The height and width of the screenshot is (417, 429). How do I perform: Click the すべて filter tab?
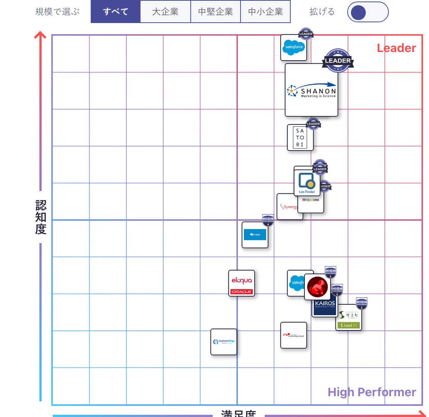[116, 12]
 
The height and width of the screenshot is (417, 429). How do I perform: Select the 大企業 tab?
[165, 12]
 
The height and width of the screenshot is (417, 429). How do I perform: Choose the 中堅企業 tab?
[216, 12]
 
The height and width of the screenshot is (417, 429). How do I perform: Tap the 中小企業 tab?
[265, 12]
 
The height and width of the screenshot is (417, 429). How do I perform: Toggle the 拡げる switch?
[368, 12]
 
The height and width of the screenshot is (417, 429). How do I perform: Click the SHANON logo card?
[312, 90]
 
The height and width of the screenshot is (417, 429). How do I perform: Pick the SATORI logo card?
[300, 138]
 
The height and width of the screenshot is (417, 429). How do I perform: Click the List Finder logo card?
[307, 182]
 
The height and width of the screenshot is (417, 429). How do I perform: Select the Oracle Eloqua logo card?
[241, 283]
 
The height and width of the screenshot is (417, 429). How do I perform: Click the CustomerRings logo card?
[224, 342]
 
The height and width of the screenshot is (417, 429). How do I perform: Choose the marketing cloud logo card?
[293, 335]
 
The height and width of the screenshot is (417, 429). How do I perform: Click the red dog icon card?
[317, 287]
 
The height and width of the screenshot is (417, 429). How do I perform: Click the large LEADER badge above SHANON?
[338, 60]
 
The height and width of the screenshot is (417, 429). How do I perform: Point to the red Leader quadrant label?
[396, 48]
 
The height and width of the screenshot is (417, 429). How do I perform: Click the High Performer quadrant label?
[372, 392]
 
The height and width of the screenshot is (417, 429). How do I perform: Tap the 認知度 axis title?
[41, 217]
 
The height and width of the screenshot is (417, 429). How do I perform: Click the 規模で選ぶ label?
[58, 12]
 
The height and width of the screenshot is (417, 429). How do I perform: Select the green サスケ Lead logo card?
[349, 318]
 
